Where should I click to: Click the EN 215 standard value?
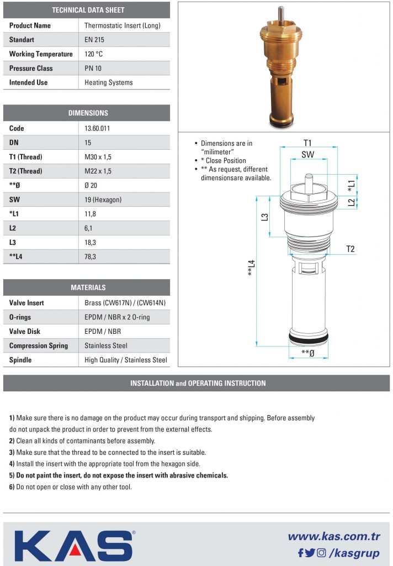click(x=94, y=40)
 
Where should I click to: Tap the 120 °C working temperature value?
click(x=94, y=54)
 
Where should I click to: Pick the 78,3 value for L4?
click(x=91, y=257)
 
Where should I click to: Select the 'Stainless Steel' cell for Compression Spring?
click(x=106, y=346)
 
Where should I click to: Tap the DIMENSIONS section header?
click(x=88, y=113)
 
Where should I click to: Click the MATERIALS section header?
click(x=88, y=287)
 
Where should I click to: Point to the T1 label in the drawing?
click(x=308, y=142)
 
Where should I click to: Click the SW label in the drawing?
click(x=307, y=155)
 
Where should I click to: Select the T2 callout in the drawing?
click(x=350, y=249)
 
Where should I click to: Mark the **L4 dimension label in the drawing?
click(x=252, y=269)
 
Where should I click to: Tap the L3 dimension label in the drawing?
click(x=265, y=217)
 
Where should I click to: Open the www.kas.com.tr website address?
click(x=334, y=537)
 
